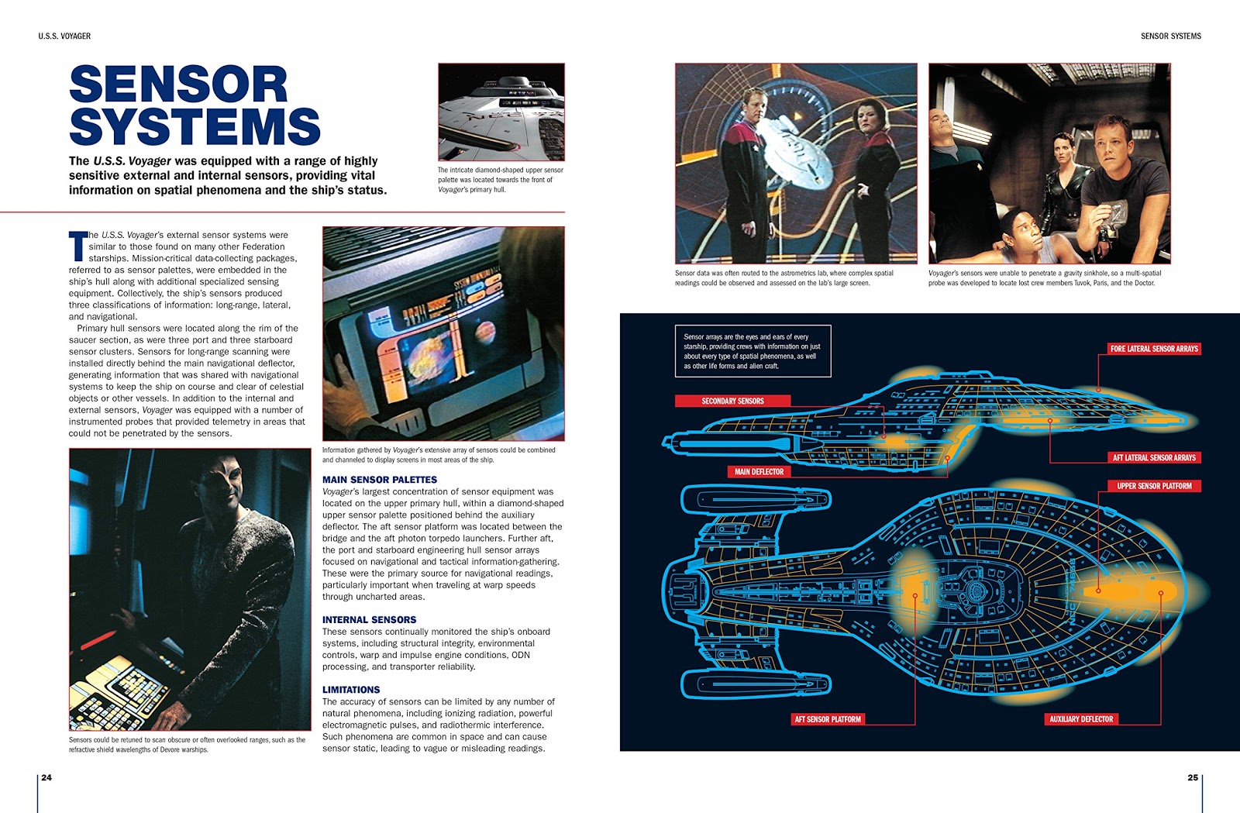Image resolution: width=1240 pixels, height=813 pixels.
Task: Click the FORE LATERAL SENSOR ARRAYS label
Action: coord(1154,349)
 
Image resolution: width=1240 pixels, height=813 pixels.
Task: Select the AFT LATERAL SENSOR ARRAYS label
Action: coord(1154,457)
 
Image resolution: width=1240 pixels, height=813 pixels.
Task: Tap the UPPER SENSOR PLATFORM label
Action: coord(1154,486)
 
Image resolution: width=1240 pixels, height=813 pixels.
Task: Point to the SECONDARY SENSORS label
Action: coord(732,401)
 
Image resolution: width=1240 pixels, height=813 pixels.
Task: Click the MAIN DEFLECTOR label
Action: coord(759,471)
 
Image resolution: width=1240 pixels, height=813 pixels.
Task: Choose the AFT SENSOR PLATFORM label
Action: coord(828,719)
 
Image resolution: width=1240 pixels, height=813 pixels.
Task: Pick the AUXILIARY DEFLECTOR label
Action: coord(1081,719)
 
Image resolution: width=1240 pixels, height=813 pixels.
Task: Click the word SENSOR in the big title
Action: coord(178,85)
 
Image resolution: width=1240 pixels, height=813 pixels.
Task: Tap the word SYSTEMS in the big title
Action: coord(195,128)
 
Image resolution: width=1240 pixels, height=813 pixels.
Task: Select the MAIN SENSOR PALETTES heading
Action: coord(380,480)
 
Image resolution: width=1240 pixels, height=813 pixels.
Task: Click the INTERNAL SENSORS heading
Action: coord(369,619)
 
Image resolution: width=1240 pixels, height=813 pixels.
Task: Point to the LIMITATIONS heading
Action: coord(351,689)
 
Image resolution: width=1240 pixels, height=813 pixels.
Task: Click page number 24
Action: coord(46,777)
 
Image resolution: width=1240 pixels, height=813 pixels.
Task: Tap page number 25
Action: coord(1193,777)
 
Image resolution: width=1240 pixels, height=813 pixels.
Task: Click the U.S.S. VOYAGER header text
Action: coord(64,36)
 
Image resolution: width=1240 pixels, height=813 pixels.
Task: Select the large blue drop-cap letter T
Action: coord(77,246)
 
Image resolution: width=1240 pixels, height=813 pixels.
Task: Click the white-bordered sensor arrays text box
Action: coord(753,351)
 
